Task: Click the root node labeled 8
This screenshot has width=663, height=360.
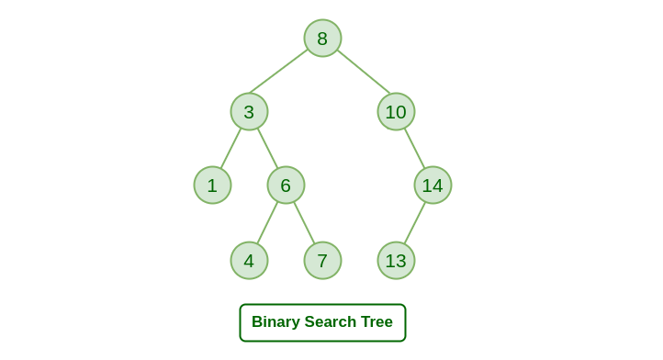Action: coord(322,39)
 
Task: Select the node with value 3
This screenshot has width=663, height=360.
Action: coord(249,112)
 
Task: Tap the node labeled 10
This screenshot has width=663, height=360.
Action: coord(396,112)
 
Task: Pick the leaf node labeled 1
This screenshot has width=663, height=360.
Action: coord(212,186)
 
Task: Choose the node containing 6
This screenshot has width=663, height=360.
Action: coord(286,186)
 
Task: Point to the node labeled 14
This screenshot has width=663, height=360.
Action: coord(433,186)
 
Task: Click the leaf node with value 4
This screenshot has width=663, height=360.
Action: coord(249,261)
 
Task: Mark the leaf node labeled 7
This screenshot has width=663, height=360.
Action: coord(322,261)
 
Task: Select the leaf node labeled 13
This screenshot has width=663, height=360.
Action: coord(396,261)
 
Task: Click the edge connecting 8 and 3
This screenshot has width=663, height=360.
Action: coord(279,71)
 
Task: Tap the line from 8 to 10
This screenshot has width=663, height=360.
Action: coord(364,72)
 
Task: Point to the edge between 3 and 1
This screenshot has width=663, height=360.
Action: coord(230,149)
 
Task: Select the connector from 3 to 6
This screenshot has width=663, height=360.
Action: coord(267,149)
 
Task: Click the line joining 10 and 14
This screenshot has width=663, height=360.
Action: coord(414,149)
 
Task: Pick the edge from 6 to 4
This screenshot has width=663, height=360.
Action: coord(267,223)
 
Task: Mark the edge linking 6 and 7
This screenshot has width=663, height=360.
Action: coord(304,223)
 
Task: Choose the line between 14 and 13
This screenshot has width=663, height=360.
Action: coord(415,223)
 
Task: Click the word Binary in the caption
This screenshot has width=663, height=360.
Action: coord(275,322)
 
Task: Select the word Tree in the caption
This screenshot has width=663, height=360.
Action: coord(377,322)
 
